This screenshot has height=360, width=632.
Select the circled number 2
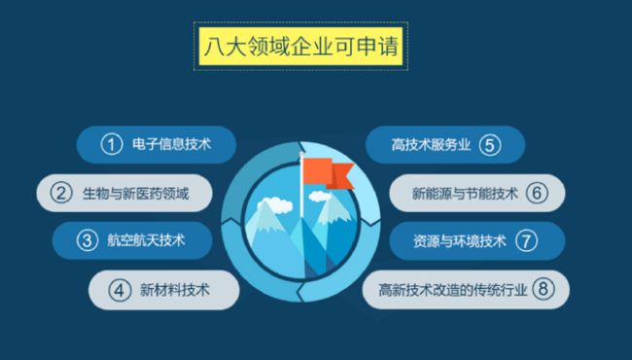click(61, 192)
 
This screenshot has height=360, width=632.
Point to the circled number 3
click(87, 239)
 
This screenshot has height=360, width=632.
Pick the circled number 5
click(490, 145)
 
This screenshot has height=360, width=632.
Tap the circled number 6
click(537, 192)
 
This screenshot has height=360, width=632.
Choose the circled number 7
click(526, 240)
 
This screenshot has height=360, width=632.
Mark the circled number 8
click(544, 288)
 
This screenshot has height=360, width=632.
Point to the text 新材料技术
click(174, 289)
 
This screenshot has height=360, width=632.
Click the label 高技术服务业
click(431, 145)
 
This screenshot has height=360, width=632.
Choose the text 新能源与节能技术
click(465, 193)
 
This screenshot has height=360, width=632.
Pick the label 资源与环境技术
click(459, 240)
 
